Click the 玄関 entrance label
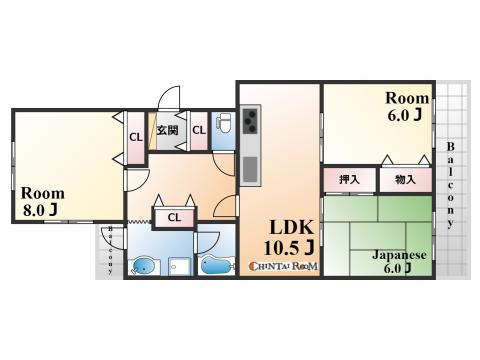tap(167, 130)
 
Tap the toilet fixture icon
tap(224, 121)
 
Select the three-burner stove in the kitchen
tap(250, 121)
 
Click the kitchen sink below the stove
tap(250, 169)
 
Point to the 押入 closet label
tap(349, 180)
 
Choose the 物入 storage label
tap(405, 180)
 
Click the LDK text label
tap(291, 228)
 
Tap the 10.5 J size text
tap(289, 248)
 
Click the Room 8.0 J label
tap(43, 201)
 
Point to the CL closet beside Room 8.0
tap(136, 137)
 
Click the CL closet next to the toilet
tap(199, 130)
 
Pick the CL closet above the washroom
tap(174, 218)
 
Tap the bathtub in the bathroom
tap(216, 266)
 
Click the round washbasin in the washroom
tap(144, 266)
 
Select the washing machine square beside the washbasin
tap(179, 266)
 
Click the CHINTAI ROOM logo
tap(284, 266)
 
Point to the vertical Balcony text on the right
tap(450, 185)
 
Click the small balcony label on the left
tap(110, 250)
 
